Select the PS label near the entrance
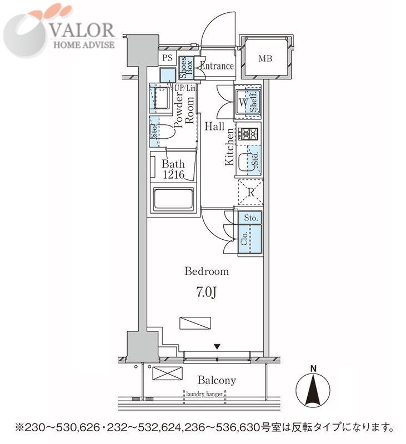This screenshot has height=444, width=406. (167, 57)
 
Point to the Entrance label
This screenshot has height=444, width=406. (217, 66)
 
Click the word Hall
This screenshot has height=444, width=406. (214, 126)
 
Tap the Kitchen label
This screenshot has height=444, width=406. (229, 146)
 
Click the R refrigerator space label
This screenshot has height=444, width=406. (251, 193)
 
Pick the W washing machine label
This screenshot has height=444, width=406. (243, 103)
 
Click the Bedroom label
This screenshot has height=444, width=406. (207, 272)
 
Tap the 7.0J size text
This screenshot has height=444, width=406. (207, 292)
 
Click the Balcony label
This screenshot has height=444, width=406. (217, 381)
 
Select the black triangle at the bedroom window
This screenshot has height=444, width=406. (217, 346)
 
